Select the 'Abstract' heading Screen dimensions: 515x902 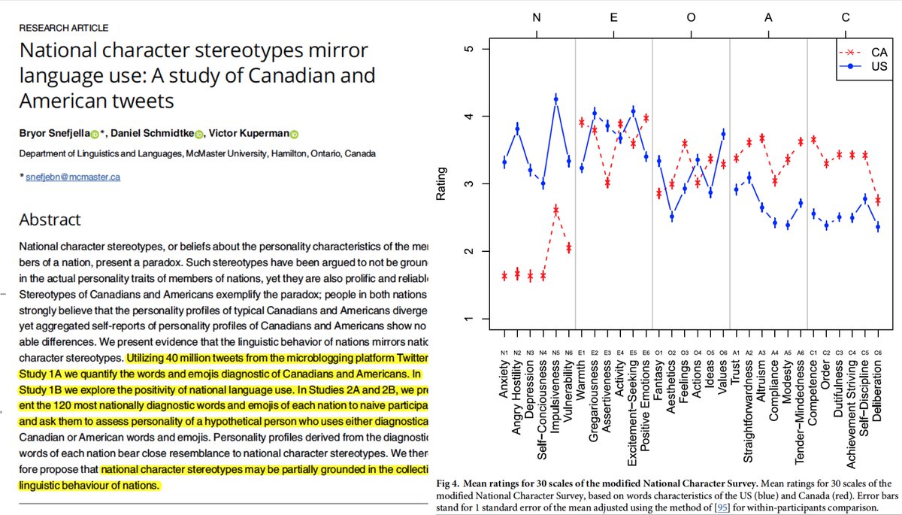click(50, 220)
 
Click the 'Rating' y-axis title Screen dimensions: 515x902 click(442, 184)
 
